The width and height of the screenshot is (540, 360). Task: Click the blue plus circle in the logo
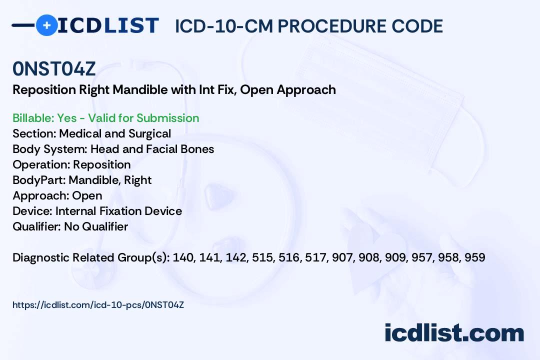(x=46, y=25)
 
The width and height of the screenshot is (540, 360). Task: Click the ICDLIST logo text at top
(x=108, y=25)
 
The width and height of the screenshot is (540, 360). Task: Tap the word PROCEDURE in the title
(x=332, y=26)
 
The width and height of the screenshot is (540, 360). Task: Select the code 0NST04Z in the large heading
(x=53, y=68)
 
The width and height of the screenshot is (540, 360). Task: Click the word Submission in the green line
(x=167, y=118)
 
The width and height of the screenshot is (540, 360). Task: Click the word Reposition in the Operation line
(x=102, y=164)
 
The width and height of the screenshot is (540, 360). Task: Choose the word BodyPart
(x=39, y=180)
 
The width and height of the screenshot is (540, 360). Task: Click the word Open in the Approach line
(x=87, y=195)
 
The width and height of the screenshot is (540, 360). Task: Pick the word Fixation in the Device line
(x=120, y=211)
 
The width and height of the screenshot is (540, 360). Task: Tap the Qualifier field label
(x=37, y=226)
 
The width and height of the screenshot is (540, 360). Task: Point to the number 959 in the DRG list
(x=475, y=257)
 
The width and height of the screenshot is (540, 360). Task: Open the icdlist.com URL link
(x=98, y=305)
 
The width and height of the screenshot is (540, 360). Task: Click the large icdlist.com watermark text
(x=454, y=333)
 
